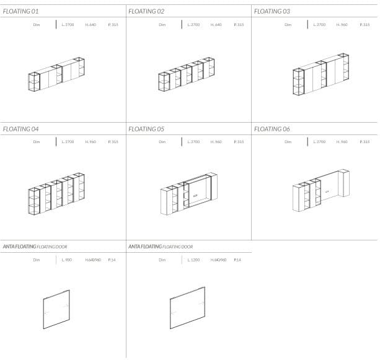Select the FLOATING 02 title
(146, 11)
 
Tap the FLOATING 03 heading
(272, 11)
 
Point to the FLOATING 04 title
(20, 129)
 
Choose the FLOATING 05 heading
(146, 129)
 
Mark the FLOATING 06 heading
(272, 129)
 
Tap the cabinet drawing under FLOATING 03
(320, 75)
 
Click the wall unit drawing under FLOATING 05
(188, 193)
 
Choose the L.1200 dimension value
(193, 260)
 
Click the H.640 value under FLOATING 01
(91, 25)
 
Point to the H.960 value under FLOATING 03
(342, 25)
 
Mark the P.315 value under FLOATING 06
(365, 142)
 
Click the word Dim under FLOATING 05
(162, 142)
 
